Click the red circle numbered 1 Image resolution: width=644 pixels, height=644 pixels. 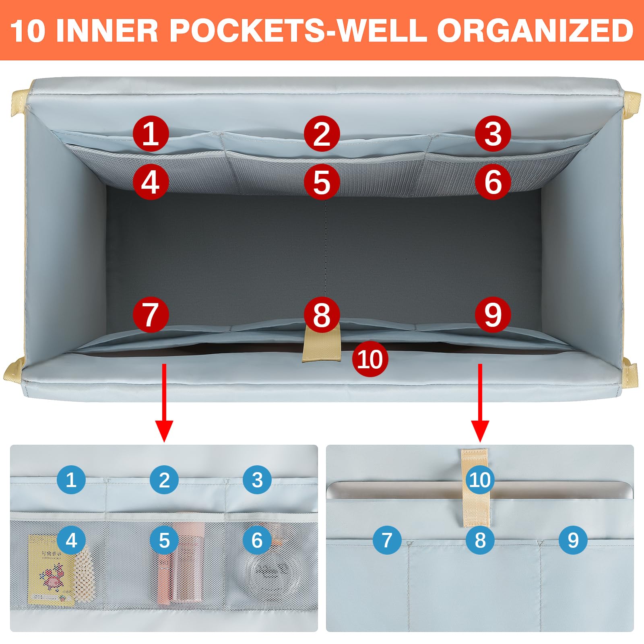coord(151,134)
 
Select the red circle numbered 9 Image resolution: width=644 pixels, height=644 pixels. coord(493,314)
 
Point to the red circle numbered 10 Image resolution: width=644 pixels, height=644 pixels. coord(370,359)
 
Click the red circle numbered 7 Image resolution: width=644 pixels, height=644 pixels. coord(151,314)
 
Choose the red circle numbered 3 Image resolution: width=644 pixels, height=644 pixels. coord(493,134)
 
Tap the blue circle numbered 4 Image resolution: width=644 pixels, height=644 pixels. coord(71,540)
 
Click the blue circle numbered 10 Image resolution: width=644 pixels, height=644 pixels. coord(480,480)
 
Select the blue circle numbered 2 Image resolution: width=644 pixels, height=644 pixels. coord(164,480)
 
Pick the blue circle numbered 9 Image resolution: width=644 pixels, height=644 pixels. coord(573,540)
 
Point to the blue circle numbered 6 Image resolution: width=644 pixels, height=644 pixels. coord(257,540)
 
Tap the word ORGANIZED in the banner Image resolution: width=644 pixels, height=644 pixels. coord(536,31)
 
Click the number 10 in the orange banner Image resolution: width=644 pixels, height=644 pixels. coord(27,31)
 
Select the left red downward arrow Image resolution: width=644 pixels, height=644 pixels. coord(164,403)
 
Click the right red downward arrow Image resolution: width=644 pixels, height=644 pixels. coord(480,403)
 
